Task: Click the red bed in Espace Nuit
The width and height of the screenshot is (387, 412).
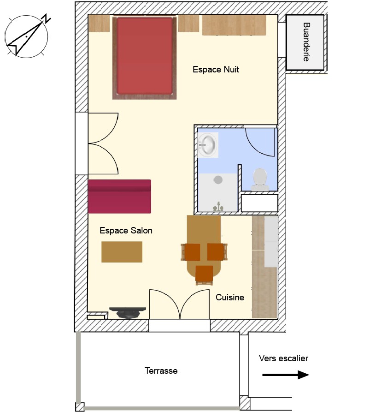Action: (145, 58)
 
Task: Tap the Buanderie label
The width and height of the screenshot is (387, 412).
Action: (306, 42)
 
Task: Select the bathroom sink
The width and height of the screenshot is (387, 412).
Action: (208, 145)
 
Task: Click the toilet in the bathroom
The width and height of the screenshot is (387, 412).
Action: (260, 179)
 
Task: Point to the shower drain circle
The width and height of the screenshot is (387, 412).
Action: (218, 180)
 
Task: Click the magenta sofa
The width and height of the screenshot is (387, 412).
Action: (120, 197)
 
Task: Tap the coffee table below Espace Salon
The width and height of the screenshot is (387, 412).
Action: (122, 252)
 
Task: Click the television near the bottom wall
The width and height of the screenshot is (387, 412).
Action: (128, 313)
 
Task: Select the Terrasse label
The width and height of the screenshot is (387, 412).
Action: (161, 370)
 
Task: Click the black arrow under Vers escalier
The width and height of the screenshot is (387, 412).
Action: (286, 375)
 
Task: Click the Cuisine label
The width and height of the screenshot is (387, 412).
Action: (230, 297)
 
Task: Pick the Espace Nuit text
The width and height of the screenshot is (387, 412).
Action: (216, 69)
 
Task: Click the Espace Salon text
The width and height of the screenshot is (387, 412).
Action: (126, 230)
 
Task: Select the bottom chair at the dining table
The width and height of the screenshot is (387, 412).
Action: (204, 275)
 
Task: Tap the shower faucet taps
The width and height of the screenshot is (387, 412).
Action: (218, 207)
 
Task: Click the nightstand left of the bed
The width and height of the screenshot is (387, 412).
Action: (99, 24)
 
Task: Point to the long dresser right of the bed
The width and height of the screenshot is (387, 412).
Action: (234, 25)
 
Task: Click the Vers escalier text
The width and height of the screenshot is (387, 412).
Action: (283, 358)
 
